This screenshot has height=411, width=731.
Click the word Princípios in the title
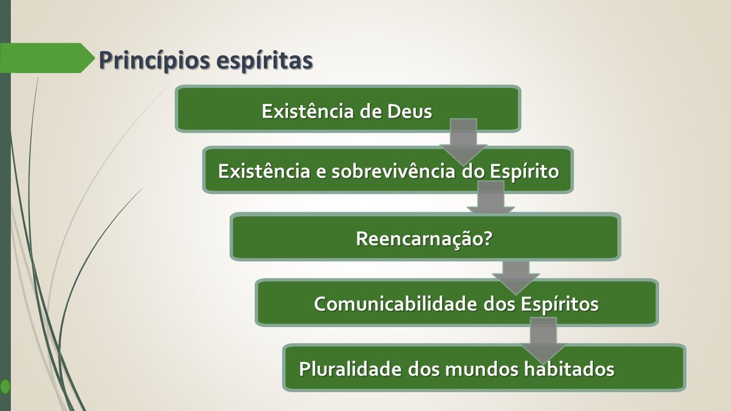(154, 61)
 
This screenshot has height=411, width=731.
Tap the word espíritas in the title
(264, 61)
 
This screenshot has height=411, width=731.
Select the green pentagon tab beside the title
(47, 58)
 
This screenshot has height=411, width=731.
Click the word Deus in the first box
(409, 111)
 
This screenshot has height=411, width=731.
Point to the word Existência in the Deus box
(308, 111)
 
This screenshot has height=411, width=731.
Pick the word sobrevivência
(393, 171)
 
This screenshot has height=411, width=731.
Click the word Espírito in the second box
(524, 172)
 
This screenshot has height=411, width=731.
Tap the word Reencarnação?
(424, 239)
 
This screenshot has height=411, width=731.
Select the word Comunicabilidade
(395, 304)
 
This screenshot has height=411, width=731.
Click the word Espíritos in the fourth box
(560, 305)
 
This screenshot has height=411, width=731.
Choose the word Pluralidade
(350, 369)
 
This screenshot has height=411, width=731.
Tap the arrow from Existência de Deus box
(463, 142)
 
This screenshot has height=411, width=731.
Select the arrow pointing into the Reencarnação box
(491, 198)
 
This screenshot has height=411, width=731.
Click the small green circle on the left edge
(5, 386)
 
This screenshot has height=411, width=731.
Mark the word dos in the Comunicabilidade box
(499, 304)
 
